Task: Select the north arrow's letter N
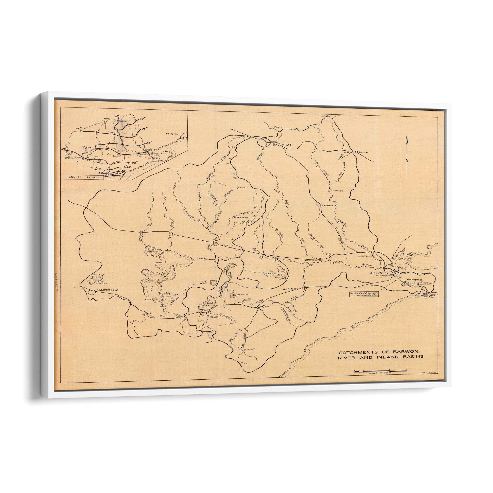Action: coord(407,160)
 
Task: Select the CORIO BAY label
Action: coord(407,259)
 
